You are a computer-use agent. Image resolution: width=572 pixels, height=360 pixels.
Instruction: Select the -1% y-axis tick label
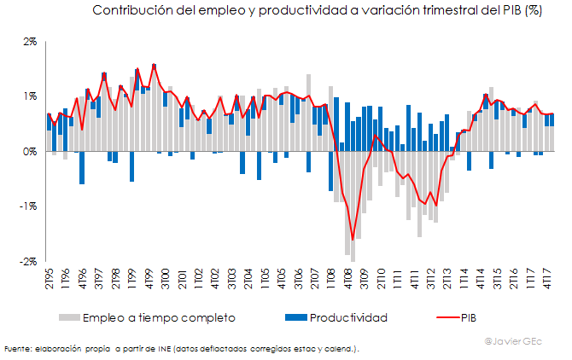click(x=27, y=206)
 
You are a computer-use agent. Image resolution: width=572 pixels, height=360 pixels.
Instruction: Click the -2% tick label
click(x=27, y=261)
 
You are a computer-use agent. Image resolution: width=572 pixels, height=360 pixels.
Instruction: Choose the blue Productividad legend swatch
click(x=295, y=318)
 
